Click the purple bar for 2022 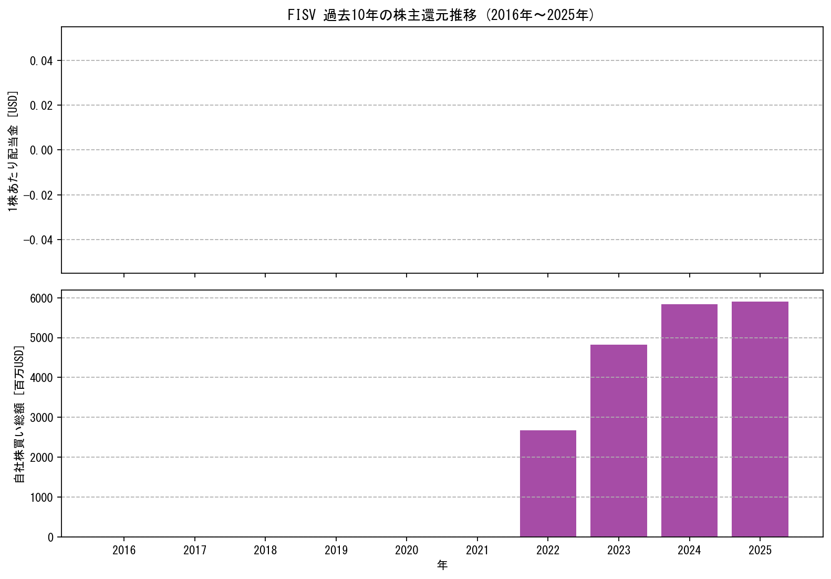tap(548, 483)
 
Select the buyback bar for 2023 tap(618, 441)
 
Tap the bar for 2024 tap(689, 420)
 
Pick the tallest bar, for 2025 tap(760, 419)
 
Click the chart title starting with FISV tap(441, 15)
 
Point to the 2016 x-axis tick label tap(124, 550)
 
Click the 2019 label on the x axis tap(336, 550)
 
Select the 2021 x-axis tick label tap(477, 550)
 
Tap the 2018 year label tap(265, 550)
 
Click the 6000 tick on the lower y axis tap(41, 298)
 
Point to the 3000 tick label tap(41, 418)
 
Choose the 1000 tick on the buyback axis tap(41, 498)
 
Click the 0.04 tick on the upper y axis tap(41, 61)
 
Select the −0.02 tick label tap(38, 195)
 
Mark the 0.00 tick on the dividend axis tap(41, 150)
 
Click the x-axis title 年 tap(442, 565)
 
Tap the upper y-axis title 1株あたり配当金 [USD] tap(13, 151)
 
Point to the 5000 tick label tap(41, 338)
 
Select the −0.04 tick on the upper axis tap(38, 240)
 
